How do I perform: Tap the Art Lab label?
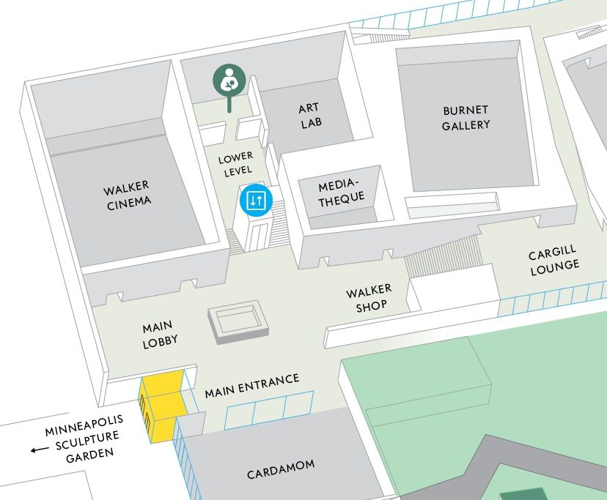(x=309, y=115)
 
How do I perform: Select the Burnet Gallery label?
(x=466, y=117)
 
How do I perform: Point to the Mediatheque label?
(x=341, y=190)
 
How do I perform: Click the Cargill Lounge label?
(x=554, y=260)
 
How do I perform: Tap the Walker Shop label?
(x=370, y=299)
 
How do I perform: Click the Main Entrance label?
(x=252, y=386)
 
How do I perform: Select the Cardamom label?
(x=281, y=469)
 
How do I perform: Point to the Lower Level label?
(x=235, y=163)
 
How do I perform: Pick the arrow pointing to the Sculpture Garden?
(x=35, y=449)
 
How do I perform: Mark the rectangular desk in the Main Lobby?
(x=238, y=323)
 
